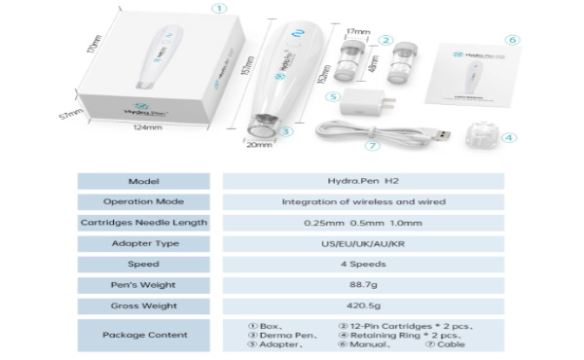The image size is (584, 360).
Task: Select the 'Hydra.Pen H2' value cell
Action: [x=363, y=181]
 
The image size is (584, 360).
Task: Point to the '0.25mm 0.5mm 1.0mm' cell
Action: [x=363, y=223]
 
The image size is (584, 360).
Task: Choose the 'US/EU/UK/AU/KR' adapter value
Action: [x=363, y=243]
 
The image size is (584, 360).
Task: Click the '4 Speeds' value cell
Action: [x=363, y=264]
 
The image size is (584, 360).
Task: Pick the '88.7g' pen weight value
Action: [x=363, y=285]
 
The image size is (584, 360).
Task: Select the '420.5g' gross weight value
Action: [x=363, y=306]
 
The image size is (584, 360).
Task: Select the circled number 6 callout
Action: [x=513, y=40]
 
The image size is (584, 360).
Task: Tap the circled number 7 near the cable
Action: [x=371, y=146]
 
